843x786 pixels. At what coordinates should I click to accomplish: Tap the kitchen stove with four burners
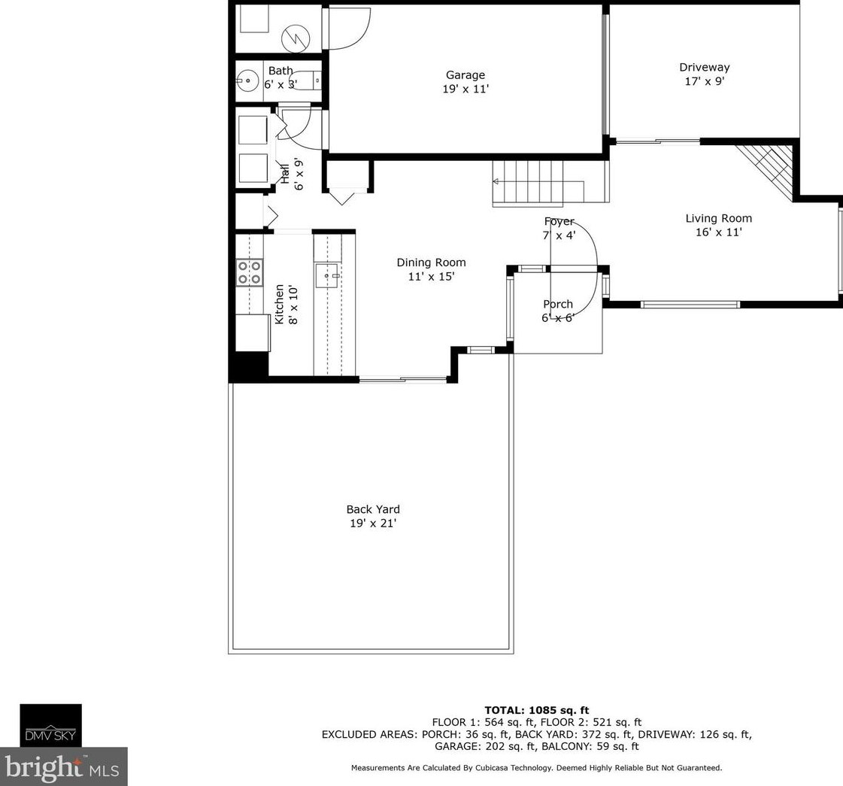point(250,272)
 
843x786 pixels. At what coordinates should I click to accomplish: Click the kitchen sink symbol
point(327,276)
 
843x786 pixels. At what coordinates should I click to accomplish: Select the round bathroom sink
point(247,81)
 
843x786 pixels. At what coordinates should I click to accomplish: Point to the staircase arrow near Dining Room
point(497,181)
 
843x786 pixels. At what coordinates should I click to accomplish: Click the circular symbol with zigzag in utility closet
point(295,38)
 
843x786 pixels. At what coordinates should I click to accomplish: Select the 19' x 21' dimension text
point(373,523)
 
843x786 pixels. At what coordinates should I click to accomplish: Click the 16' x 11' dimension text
point(718,232)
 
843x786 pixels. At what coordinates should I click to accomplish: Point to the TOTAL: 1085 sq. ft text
point(536,710)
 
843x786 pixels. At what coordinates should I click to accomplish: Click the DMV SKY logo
point(51,726)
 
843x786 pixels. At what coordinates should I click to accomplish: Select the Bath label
point(280,71)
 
